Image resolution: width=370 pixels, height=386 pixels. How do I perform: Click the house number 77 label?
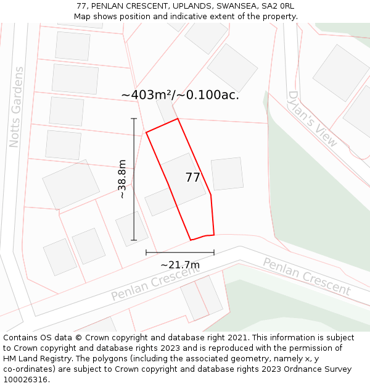pos(193,178)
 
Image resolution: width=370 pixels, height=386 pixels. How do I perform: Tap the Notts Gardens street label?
pos(16,107)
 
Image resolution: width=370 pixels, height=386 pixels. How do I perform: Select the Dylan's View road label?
pos(313,119)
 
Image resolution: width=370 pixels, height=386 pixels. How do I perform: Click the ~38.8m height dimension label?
pos(122,178)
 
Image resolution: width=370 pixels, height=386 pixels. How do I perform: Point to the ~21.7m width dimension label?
pos(180,265)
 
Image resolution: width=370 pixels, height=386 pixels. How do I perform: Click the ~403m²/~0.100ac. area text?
pos(180,95)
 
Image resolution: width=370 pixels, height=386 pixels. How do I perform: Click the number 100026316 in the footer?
pos(25,380)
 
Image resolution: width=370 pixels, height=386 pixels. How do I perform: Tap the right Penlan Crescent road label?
pos(306,277)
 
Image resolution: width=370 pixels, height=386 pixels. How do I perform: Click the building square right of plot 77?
pos(227,174)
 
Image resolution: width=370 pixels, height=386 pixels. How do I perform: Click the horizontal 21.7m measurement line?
pos(180,252)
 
